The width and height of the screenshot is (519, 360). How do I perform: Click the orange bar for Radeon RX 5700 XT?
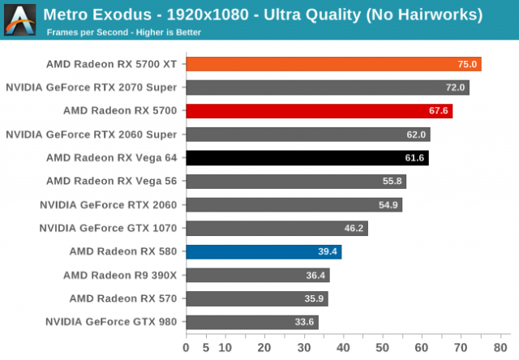tap(333, 64)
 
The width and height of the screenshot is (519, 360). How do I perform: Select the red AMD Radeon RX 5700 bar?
tap(319, 111)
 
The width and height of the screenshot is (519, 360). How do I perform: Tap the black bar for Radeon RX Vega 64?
tap(307, 158)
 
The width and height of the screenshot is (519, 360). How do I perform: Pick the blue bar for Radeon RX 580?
tap(264, 252)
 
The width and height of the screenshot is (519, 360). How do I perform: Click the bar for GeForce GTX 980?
tap(251, 323)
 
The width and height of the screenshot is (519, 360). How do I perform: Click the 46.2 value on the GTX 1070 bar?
tap(354, 229)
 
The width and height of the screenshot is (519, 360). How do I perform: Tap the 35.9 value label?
tap(314, 299)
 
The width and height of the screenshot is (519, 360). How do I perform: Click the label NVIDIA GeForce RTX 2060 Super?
tap(92, 135)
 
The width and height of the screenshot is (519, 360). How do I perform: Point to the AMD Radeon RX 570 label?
tap(123, 299)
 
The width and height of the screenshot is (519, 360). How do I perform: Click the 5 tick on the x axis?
tap(205, 348)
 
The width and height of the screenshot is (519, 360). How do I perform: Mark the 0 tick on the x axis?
tap(187, 348)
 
